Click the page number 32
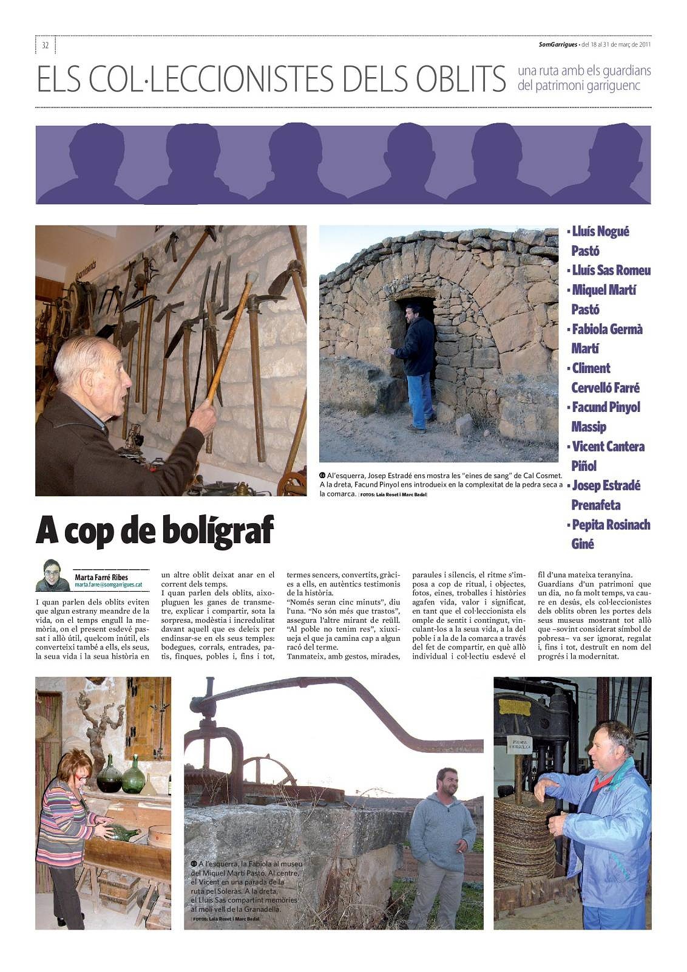46,45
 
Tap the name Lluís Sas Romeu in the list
611,270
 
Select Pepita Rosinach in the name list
611,524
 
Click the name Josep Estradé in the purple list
606,485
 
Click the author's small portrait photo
52,575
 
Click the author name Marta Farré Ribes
101,577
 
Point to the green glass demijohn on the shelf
133,775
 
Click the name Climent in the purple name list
591,368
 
